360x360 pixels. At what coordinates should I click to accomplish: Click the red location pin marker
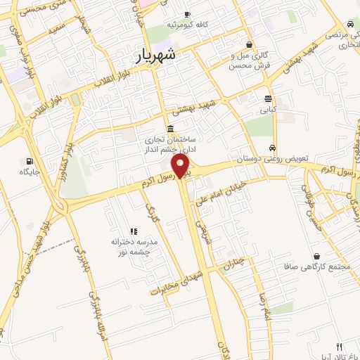(x=181, y=167)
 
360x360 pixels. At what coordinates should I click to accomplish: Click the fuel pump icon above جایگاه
(x=29, y=160)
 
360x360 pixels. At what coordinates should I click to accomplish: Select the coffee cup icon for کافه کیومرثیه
(x=187, y=14)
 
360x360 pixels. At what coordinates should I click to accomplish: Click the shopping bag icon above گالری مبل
(x=249, y=44)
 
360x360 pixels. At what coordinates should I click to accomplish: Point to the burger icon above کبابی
(x=268, y=98)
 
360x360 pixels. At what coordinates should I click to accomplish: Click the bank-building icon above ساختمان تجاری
(x=171, y=128)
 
